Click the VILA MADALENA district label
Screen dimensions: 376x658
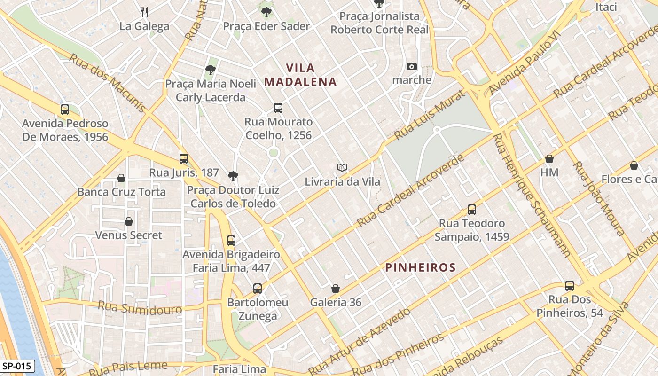pos(300,75)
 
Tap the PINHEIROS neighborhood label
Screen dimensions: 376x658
pos(420,268)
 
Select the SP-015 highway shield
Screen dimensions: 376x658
pos(17,366)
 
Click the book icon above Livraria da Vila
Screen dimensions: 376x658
pos(342,167)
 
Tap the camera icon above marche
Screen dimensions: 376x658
pos(412,66)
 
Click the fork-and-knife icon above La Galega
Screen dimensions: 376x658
pos(144,12)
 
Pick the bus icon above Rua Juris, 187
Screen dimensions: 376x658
pos(184,159)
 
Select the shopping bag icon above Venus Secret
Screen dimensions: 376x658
pos(129,221)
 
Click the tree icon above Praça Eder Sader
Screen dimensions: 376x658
pos(266,12)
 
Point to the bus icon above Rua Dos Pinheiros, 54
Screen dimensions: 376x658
pos(570,286)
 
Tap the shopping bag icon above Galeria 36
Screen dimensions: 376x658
pos(336,289)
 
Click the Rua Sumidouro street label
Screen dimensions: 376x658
pos(140,308)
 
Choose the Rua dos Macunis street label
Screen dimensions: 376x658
pos(108,83)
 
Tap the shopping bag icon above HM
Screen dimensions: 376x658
pos(549,159)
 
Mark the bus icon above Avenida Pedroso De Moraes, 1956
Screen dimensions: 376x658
pos(65,110)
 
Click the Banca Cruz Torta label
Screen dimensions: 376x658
pos(121,192)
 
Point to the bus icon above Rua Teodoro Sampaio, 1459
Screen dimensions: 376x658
pos(472,210)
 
